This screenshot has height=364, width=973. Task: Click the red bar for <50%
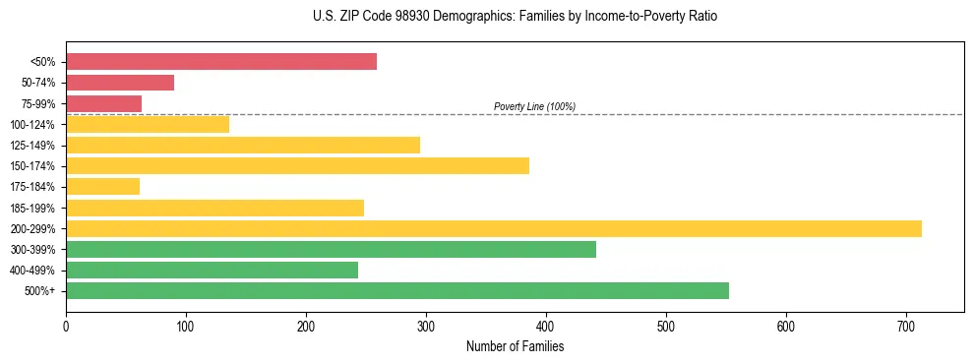[x=221, y=62]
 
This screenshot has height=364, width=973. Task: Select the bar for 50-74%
[x=120, y=83]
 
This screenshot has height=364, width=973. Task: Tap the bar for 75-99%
[x=103, y=103]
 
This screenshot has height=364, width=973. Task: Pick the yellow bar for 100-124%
[x=148, y=124]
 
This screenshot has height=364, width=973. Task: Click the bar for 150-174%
[x=297, y=165]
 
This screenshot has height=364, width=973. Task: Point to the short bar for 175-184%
[x=102, y=186]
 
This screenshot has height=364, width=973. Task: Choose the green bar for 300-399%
[x=331, y=249]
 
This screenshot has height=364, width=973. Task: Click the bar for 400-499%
[x=212, y=270]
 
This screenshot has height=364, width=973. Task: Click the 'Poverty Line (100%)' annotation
[x=534, y=106]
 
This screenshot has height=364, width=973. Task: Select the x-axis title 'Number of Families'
[x=515, y=346]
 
